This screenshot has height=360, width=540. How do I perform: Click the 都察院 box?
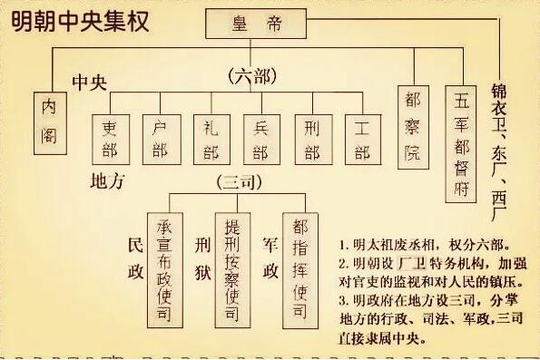tap(413, 126)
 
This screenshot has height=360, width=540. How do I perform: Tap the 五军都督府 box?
tap(462, 143)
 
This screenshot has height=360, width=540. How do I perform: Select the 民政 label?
tap(137, 259)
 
